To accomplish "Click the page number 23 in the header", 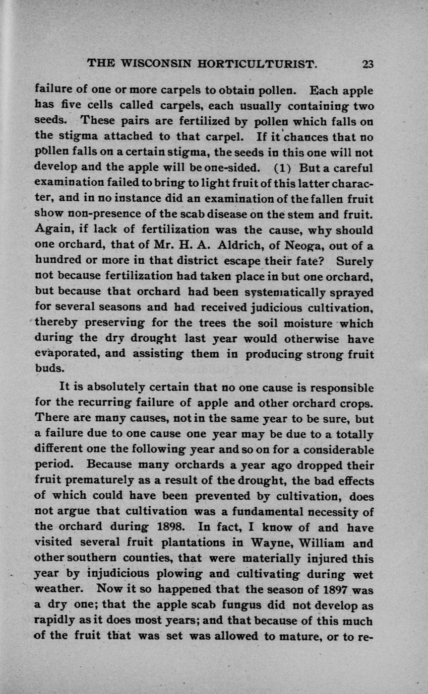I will click(x=368, y=64).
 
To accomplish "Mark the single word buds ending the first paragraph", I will click(x=49, y=368).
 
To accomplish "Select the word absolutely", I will click(x=116, y=389).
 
